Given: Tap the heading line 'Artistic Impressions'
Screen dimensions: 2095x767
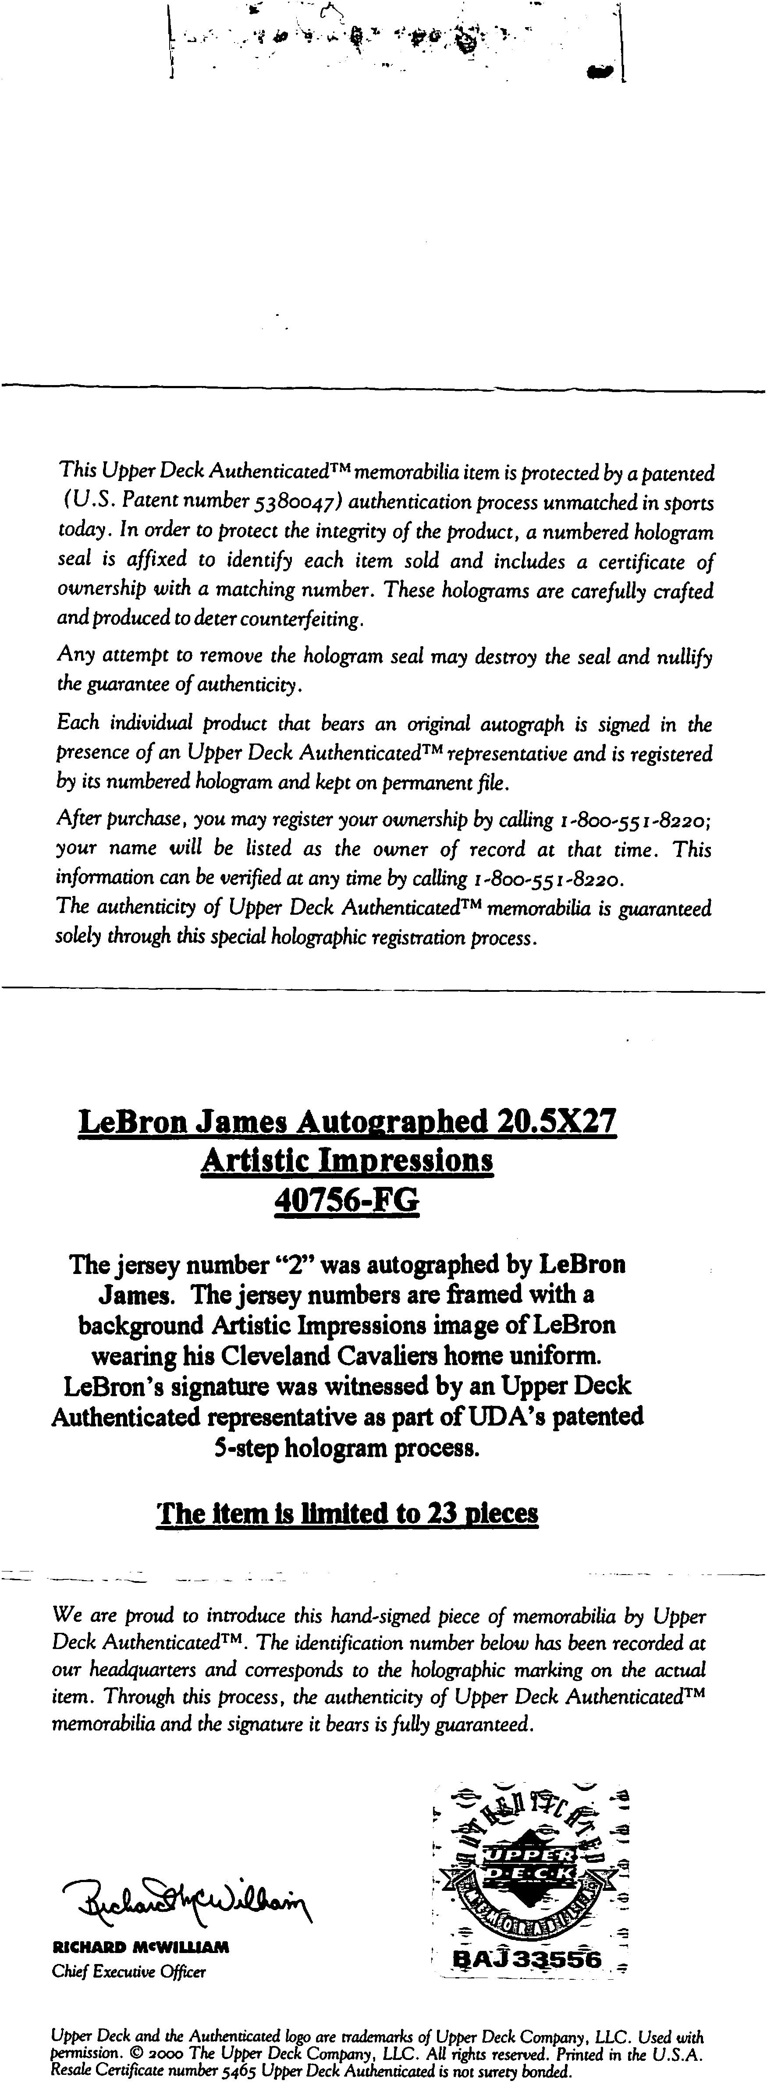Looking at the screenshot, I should point(347,1160).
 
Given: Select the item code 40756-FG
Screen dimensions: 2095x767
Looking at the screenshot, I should point(347,1198).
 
